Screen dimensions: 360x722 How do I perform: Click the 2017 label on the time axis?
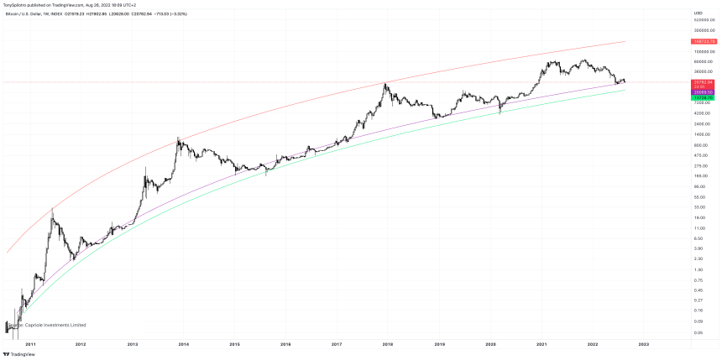point(337,344)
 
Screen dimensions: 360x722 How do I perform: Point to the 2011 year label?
point(30,344)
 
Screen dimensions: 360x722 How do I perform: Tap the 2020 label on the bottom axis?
point(491,344)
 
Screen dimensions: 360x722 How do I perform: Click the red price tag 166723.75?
point(703,41)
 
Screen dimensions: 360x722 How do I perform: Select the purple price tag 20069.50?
point(703,92)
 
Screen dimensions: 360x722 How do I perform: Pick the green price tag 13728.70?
point(703,98)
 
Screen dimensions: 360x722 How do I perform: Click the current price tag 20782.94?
point(703,82)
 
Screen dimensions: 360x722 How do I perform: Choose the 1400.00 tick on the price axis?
point(700,134)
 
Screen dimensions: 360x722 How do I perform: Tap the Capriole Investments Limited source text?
point(49,325)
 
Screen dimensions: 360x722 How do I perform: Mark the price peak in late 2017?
point(385,83)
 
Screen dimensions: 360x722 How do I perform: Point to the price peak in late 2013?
point(178,138)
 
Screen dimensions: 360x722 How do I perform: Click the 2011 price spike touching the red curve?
point(53,209)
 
